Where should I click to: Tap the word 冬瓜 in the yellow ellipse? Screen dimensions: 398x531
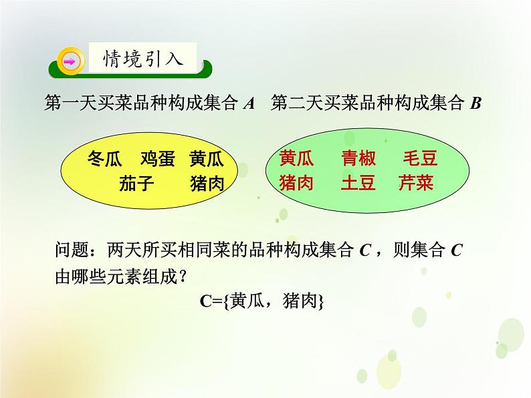[x=105, y=159]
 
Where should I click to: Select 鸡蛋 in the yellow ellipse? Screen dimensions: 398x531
[x=158, y=159]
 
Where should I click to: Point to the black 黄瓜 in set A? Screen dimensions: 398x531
[x=207, y=159]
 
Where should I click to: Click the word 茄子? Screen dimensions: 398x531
[x=138, y=184]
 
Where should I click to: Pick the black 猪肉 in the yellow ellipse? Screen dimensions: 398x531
[x=207, y=184]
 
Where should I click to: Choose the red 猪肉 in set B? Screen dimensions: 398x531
[x=296, y=183]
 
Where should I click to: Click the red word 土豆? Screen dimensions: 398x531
[x=358, y=183]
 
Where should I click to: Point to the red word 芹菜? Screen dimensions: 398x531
[x=416, y=183]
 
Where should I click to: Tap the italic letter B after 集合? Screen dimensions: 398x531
[x=475, y=104]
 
